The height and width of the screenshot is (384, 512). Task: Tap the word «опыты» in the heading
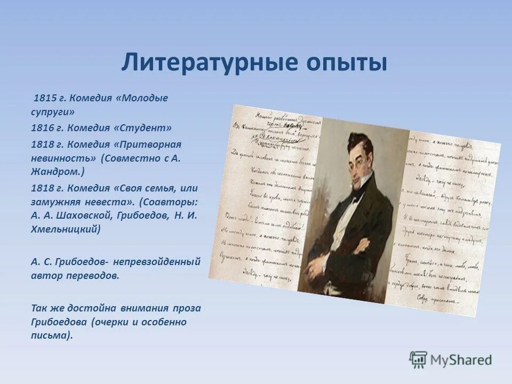coord(346,62)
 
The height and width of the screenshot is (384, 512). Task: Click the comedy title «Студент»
coord(146,128)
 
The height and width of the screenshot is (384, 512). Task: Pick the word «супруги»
coord(52,112)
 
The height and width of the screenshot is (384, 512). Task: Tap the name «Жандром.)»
coord(58,172)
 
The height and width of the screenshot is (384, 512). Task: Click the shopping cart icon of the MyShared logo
coord(418,360)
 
